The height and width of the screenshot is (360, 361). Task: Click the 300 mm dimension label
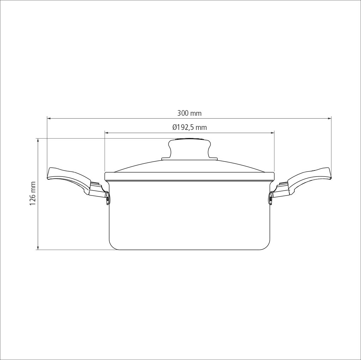(189, 113)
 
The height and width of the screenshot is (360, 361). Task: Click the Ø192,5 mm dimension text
(189, 127)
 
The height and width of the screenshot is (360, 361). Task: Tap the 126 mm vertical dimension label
(33, 194)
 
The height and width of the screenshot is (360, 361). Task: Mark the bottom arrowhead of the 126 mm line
(38, 248)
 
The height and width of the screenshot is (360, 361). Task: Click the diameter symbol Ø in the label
(175, 127)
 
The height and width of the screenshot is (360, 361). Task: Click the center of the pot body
(189, 215)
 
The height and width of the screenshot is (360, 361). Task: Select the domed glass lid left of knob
(141, 167)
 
